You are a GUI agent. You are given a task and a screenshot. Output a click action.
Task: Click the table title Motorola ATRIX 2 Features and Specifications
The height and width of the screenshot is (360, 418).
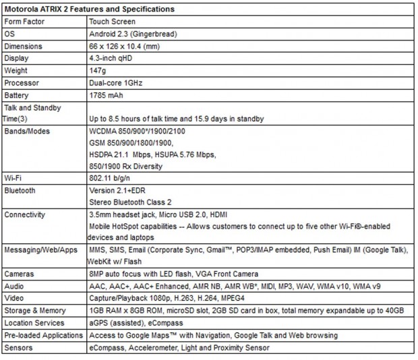[x=89, y=9]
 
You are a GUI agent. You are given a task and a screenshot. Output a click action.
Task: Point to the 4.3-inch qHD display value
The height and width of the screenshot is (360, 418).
[x=112, y=59]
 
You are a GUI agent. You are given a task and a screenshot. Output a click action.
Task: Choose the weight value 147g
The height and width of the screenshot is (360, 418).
[x=98, y=71]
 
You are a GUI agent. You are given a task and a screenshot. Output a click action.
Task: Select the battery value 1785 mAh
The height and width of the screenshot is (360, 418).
[x=107, y=95]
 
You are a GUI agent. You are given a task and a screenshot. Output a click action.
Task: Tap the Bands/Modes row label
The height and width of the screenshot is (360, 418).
[x=28, y=131]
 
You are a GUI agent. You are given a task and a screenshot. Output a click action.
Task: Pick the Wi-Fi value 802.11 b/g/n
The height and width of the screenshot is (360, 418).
[x=111, y=179]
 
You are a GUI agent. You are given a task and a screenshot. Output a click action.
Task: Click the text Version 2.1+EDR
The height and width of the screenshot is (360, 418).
[x=115, y=191]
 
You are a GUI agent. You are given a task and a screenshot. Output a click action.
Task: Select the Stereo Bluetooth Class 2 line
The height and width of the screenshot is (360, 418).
[x=131, y=202]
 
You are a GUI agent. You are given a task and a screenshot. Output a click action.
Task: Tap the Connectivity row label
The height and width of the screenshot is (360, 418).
[x=25, y=215]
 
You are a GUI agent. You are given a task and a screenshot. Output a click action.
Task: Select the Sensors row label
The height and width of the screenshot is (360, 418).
[x=19, y=348]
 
